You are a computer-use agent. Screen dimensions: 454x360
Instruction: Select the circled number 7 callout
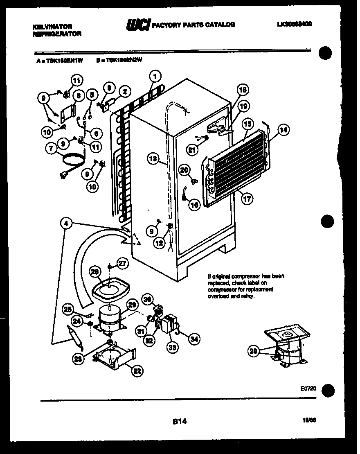tap(51, 149)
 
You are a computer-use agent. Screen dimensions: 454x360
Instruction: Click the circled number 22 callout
tap(137, 371)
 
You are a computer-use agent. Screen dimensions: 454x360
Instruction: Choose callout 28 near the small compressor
tap(254, 351)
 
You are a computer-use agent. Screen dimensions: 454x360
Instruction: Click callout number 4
tap(66, 223)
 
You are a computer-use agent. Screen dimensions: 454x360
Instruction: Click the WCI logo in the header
tap(138, 25)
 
